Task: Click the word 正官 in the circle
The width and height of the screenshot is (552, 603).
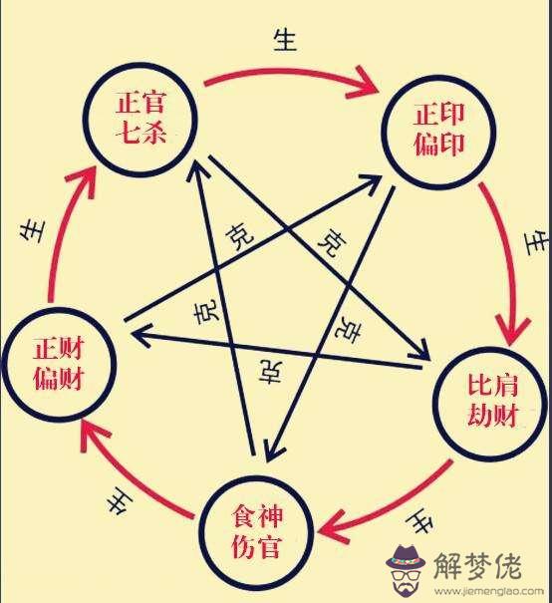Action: tap(140, 102)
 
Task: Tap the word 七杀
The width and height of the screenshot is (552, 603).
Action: tap(140, 134)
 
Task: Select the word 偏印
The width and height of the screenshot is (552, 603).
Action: tap(439, 145)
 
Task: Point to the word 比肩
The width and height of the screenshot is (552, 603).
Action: tap(492, 385)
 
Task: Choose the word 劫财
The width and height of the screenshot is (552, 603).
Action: tap(492, 416)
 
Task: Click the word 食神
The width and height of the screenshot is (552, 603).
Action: tap(257, 516)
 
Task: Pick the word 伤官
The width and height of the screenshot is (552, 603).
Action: tap(257, 546)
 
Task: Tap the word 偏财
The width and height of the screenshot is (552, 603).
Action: tap(59, 379)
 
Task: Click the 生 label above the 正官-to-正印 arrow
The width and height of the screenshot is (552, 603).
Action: tap(285, 41)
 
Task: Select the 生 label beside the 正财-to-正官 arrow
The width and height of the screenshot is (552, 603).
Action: tap(32, 231)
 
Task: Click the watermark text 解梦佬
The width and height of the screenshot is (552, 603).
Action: tap(477, 566)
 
